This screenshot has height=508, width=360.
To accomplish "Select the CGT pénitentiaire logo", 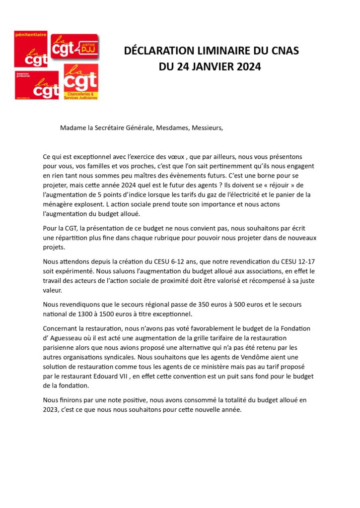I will pyautogui.click(x=31, y=49).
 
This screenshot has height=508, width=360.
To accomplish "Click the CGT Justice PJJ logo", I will pyautogui.click(x=75, y=46).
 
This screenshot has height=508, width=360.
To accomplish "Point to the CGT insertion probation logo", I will pyautogui.click(x=44, y=85).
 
